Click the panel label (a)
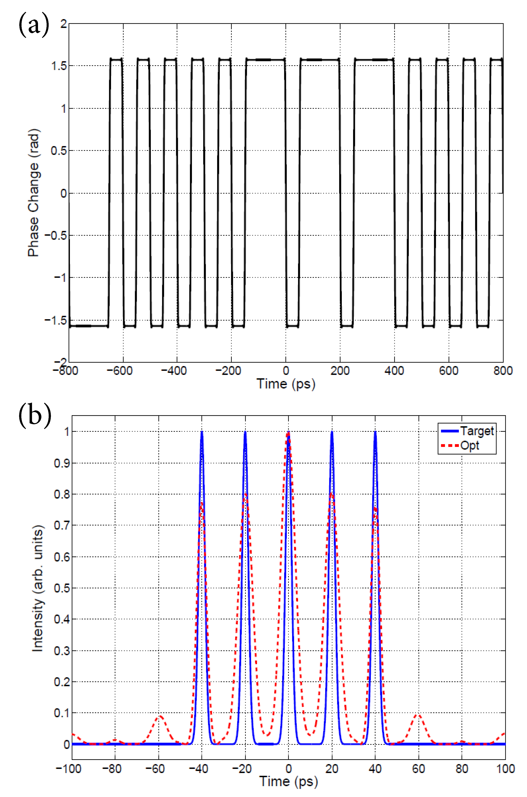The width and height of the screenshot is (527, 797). coord(34,24)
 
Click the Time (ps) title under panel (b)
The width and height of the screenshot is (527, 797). coord(288,781)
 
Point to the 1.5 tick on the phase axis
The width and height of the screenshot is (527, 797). coord(59,66)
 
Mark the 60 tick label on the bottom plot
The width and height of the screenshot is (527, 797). coord(418,769)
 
